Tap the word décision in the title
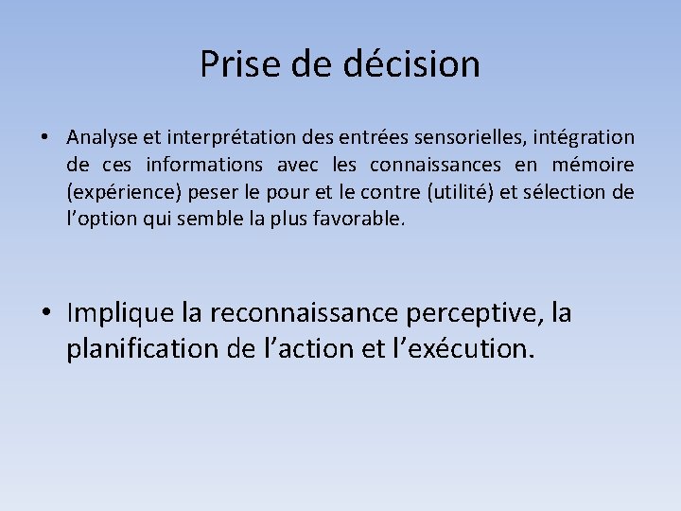427,64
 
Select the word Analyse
100,139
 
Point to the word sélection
565,193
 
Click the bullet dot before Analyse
45,139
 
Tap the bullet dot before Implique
45,313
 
